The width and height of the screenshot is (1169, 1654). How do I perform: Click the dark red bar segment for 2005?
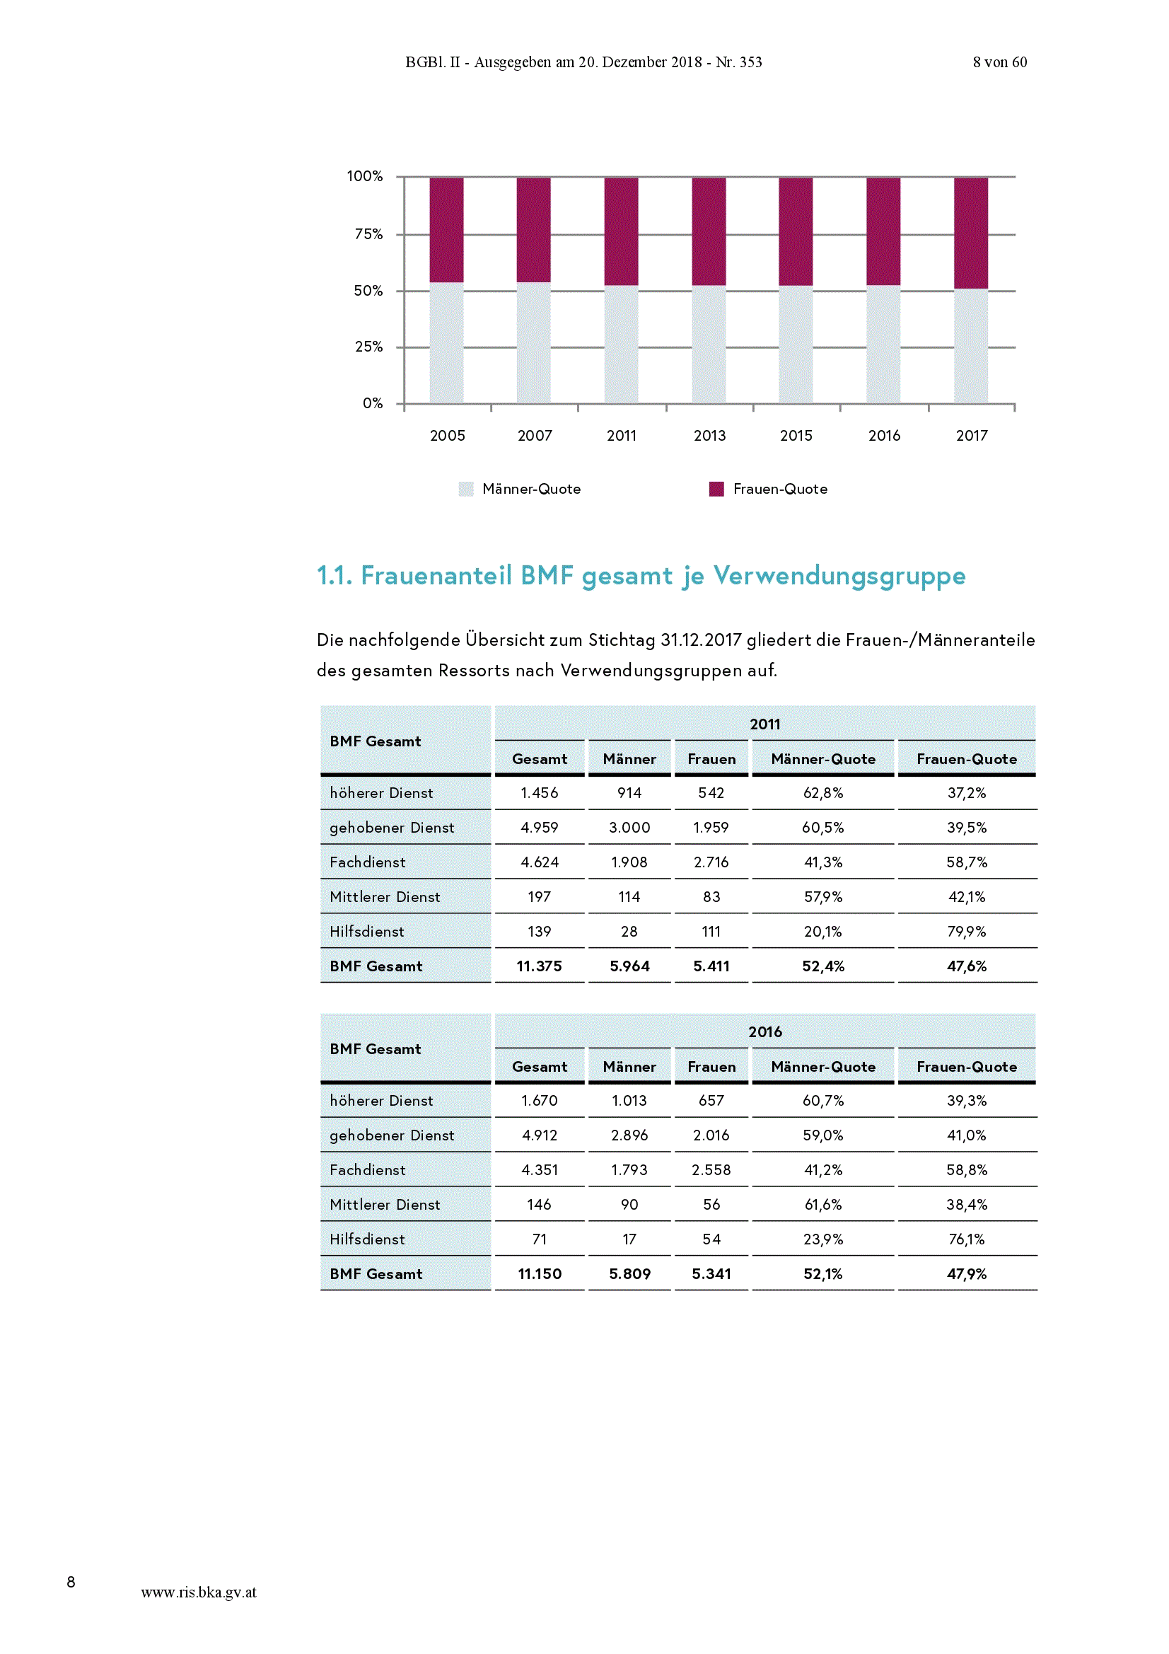(x=446, y=230)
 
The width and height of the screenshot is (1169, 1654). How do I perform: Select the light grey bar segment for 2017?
(x=971, y=346)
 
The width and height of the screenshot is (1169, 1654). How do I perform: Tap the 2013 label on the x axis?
(x=709, y=435)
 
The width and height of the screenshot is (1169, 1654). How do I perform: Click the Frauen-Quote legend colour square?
(x=716, y=489)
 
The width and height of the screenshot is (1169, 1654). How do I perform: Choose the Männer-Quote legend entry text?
(x=532, y=489)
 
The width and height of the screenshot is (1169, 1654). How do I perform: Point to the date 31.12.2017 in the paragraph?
(x=701, y=640)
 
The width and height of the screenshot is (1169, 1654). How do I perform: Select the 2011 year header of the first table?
(x=765, y=724)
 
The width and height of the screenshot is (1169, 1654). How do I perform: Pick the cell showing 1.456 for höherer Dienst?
(x=540, y=793)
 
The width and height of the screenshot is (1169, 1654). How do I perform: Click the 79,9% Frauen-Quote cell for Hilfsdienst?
(x=967, y=932)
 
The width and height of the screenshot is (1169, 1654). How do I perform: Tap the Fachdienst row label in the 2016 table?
(x=367, y=1170)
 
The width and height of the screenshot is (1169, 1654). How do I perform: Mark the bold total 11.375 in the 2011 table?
(x=540, y=966)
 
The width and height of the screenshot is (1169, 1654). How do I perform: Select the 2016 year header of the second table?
(x=765, y=1031)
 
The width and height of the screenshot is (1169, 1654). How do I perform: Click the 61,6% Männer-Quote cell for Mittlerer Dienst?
(x=823, y=1205)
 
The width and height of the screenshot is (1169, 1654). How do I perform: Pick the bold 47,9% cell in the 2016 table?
(x=967, y=1273)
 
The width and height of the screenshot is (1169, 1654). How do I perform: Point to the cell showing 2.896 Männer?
(x=629, y=1135)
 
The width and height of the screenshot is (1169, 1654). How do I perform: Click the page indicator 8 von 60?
(x=1000, y=62)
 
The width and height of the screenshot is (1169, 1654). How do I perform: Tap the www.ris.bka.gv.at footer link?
(x=199, y=1592)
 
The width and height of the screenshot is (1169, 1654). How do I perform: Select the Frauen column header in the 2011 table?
(x=711, y=758)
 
